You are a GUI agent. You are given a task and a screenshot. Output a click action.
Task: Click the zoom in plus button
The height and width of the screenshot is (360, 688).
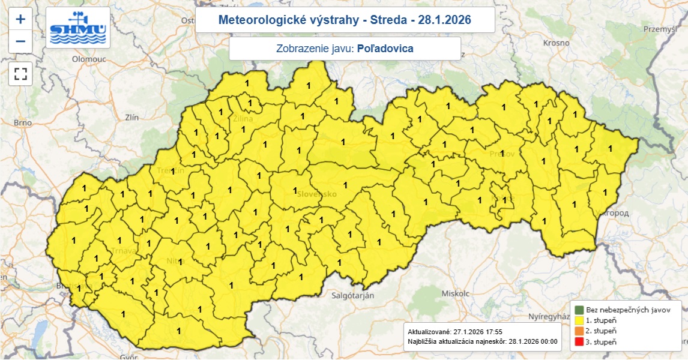coord(20,19)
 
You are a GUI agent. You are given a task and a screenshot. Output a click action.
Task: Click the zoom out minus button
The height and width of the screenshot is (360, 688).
coord(20,41)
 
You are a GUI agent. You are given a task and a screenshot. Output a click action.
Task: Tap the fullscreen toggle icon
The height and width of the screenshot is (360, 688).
coord(20,74)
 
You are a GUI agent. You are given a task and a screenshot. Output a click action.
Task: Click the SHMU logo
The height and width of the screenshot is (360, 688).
coord(78,28)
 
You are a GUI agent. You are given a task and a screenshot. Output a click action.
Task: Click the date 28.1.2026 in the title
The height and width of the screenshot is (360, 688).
coord(444,20)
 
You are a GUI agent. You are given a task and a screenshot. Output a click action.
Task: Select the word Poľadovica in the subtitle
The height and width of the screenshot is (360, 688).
coord(385,49)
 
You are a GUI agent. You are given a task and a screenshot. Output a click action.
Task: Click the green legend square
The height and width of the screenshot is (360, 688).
coord(579,310)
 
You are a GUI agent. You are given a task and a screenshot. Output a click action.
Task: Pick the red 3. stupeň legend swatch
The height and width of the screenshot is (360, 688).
coord(579,342)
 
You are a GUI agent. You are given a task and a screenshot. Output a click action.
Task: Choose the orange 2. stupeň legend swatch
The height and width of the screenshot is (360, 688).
coord(579,331)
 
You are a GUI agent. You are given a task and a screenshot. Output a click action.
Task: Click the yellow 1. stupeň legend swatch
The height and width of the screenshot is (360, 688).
coord(579,321)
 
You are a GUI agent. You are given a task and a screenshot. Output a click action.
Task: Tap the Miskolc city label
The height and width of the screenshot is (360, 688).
coord(454,294)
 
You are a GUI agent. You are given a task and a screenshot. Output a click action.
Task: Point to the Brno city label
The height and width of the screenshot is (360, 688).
coord(23,122)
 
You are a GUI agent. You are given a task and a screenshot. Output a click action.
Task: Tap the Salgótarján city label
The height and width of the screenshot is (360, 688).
coord(353,296)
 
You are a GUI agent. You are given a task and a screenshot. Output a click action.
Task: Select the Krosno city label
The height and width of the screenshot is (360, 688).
coord(556,43)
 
